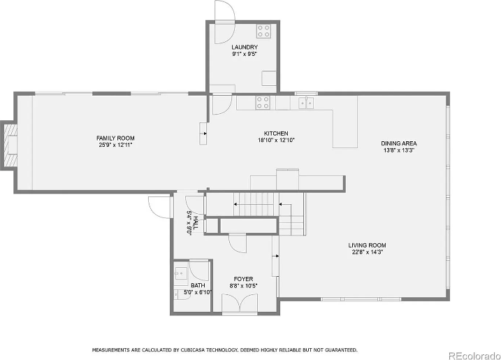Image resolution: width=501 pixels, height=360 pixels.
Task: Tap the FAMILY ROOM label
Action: click(x=115, y=138)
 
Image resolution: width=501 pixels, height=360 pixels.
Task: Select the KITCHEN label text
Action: click(x=276, y=134)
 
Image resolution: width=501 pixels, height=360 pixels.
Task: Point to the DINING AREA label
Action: click(x=399, y=143)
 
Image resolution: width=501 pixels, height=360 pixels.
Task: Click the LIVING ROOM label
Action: click(x=368, y=245)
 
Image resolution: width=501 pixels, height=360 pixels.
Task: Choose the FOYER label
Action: click(x=243, y=279)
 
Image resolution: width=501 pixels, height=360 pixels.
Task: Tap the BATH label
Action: click(x=198, y=285)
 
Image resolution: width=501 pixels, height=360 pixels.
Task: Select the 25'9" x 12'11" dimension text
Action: click(x=115, y=145)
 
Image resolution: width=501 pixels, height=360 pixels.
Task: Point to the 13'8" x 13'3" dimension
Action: click(x=399, y=150)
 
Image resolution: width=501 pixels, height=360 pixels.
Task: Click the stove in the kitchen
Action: click(x=263, y=103)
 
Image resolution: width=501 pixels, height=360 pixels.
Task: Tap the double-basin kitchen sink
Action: click(x=306, y=103)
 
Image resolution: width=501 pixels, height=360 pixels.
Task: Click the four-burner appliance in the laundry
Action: click(x=264, y=31)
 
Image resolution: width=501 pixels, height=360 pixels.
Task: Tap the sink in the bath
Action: click(x=180, y=272)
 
